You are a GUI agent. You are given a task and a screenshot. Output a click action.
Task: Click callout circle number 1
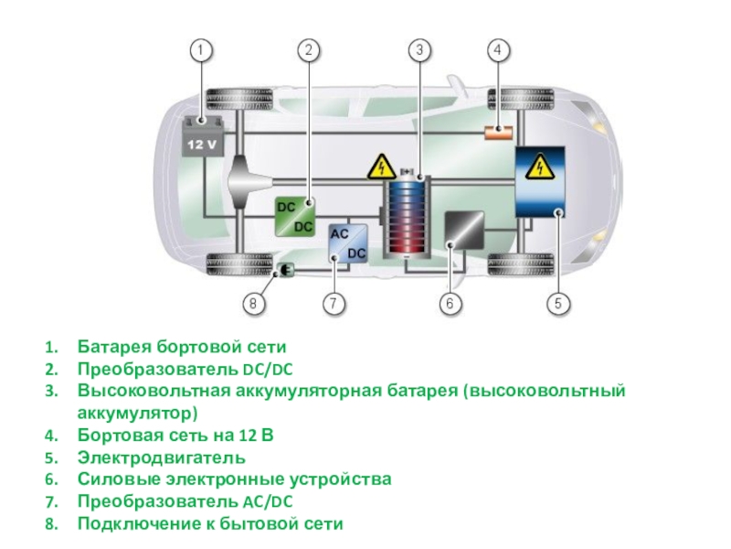(202, 49)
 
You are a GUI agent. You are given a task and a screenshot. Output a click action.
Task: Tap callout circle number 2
(310, 49)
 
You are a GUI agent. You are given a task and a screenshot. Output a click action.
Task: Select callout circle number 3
(418, 49)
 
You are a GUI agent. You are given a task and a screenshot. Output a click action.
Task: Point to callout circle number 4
(498, 49)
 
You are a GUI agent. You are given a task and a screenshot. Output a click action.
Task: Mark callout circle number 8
(255, 303)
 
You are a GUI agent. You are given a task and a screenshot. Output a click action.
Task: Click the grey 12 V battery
(202, 138)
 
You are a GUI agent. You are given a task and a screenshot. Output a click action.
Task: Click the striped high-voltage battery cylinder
(407, 220)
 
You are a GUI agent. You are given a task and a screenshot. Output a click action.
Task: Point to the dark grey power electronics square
(464, 231)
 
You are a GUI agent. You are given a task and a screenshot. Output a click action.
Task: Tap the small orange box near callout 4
(498, 132)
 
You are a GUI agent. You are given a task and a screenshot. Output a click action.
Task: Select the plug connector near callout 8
(285, 270)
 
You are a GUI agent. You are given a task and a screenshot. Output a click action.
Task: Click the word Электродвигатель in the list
(161, 457)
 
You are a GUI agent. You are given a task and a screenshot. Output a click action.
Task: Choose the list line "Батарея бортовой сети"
(181, 348)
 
